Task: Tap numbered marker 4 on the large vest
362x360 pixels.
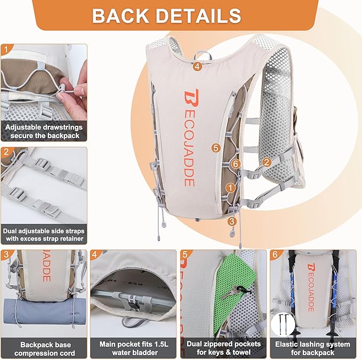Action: click(197, 67)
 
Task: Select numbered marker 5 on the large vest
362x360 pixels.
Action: click(215, 148)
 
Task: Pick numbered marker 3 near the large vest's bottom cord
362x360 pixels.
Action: click(231, 221)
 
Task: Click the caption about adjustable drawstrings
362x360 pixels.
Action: click(43, 132)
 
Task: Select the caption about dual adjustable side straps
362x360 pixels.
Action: click(43, 235)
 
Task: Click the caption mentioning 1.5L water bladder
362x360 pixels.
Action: click(133, 348)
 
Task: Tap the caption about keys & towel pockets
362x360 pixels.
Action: click(222, 348)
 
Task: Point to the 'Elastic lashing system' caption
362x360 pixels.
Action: click(312, 348)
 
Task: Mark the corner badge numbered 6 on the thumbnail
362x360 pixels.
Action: click(275, 255)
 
